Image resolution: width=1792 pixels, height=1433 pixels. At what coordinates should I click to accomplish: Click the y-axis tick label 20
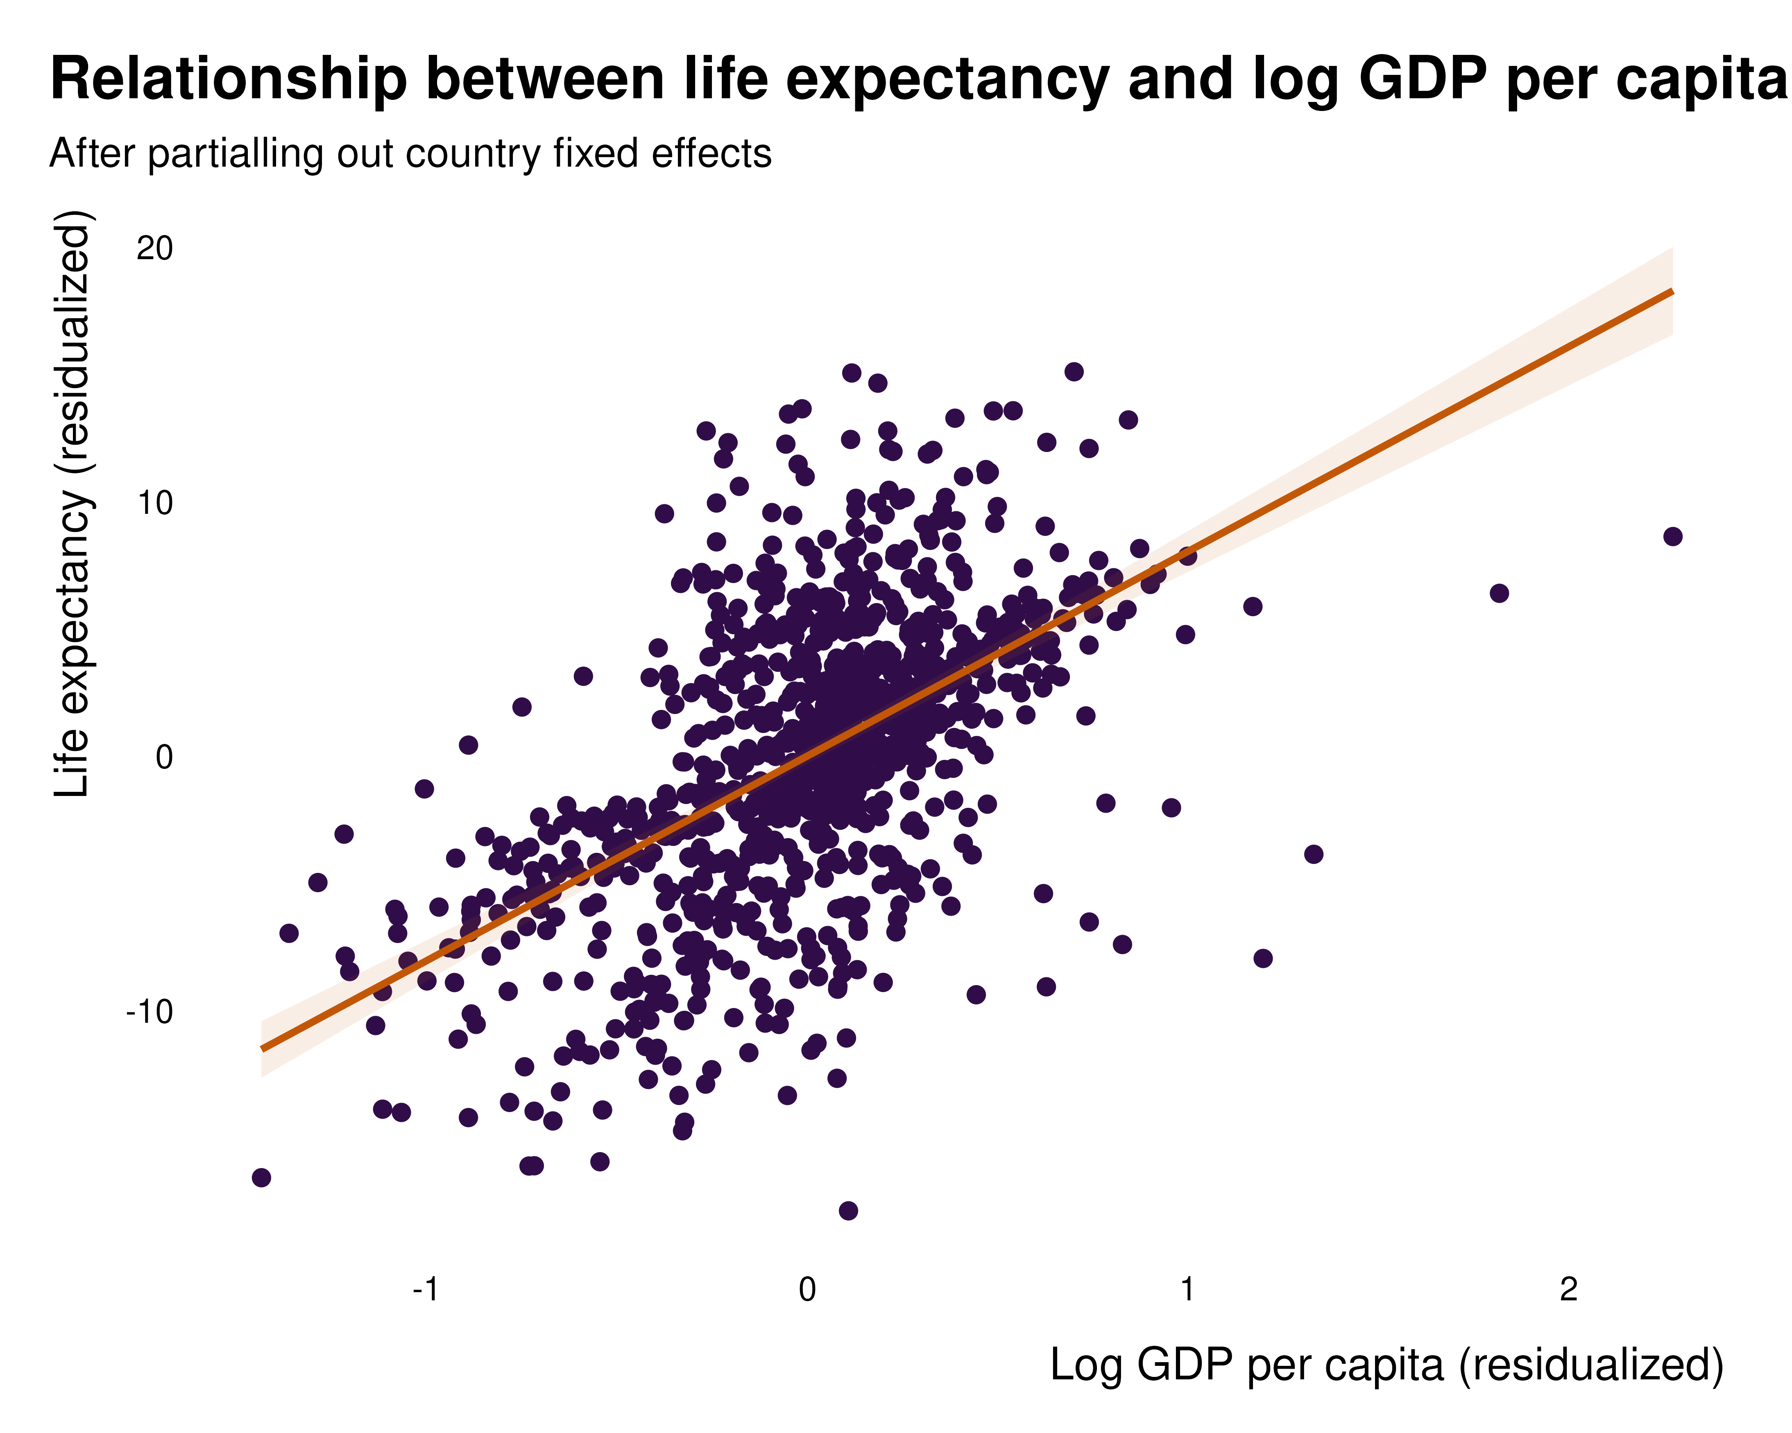click(x=154, y=249)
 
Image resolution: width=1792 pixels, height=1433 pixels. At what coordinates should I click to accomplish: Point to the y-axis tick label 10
click(x=154, y=503)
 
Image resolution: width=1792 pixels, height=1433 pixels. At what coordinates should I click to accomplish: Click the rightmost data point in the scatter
click(x=1672, y=537)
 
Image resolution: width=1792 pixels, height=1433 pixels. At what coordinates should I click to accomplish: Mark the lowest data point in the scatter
click(x=848, y=1210)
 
